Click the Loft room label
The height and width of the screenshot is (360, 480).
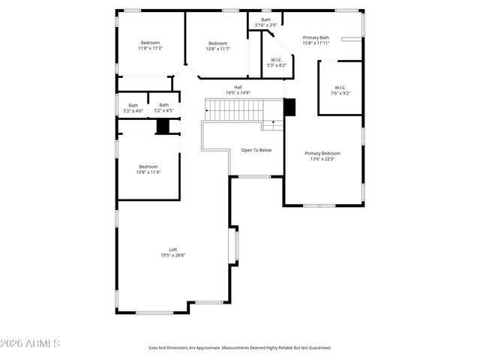(172, 250)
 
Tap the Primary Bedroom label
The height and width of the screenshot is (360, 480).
(322, 153)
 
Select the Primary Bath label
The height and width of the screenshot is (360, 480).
(316, 37)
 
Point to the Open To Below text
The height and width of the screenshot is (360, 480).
(256, 150)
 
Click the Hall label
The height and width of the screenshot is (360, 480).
(238, 87)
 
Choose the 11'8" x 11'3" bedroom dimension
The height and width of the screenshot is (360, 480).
(150, 49)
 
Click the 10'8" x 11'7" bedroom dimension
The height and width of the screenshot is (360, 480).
(218, 49)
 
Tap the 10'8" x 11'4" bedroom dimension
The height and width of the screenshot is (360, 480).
(148, 172)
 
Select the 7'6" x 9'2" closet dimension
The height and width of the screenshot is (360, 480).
(340, 93)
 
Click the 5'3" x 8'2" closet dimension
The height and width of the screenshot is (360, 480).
(277, 65)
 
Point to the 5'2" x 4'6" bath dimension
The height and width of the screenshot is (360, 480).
(133, 111)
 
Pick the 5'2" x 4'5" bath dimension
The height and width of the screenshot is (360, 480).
(163, 111)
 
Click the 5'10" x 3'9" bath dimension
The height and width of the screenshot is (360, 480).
(266, 25)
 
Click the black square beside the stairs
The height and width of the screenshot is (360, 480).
(290, 107)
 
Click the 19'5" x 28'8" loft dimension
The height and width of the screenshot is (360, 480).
(172, 256)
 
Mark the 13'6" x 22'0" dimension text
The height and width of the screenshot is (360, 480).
(322, 159)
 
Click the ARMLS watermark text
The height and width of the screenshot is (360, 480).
(31, 343)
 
